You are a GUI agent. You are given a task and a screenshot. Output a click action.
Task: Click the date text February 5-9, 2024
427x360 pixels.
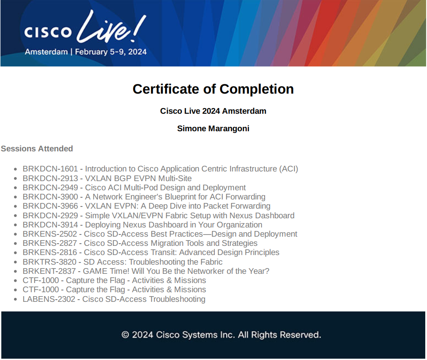[111, 52]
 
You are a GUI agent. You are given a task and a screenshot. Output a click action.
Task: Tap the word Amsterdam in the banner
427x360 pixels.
[46, 52]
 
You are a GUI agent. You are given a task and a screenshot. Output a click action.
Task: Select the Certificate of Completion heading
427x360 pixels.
[213, 89]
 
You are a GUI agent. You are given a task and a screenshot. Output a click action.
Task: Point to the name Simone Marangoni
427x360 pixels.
[213, 128]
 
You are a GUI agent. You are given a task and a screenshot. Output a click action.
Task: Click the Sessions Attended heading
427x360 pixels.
[37, 149]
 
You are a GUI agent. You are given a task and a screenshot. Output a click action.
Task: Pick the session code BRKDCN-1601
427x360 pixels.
[50, 169]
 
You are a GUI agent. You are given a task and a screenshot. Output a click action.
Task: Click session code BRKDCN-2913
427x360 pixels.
[50, 178]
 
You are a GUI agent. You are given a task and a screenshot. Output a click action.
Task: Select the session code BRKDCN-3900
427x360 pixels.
[50, 197]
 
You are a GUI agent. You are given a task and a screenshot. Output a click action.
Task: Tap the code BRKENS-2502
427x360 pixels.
[50, 234]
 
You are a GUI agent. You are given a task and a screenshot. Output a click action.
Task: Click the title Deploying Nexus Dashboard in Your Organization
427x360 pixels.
[174, 225]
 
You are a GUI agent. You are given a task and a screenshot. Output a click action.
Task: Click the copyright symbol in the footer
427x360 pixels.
[125, 335]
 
